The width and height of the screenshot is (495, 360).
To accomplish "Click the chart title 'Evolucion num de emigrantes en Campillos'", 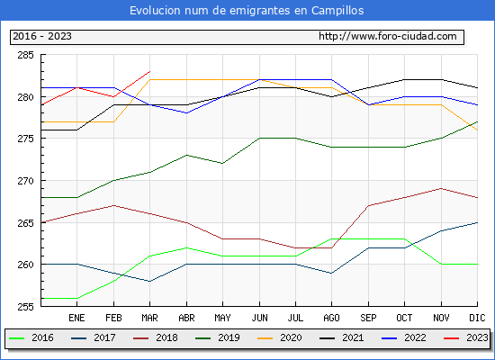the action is coord(247,11).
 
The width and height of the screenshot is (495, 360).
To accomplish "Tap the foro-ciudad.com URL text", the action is coord(388,36).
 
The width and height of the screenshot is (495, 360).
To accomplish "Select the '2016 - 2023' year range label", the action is coord(42,36).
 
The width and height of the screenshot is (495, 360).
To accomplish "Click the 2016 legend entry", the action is coord(31,337).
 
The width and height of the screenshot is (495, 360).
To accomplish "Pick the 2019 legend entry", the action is coord(218,337).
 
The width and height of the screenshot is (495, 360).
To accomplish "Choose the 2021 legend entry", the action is coord(342,337).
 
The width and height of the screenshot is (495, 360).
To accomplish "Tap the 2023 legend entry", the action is coord(466,337).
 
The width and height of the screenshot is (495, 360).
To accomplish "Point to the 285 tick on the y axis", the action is coord(25,55).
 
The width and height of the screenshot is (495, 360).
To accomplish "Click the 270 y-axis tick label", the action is coord(25,181).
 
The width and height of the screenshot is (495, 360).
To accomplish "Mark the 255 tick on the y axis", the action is coord(25,307).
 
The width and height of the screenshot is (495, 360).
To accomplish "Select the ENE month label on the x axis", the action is coord(76,318).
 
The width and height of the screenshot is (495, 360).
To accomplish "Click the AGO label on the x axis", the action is coord(331,318).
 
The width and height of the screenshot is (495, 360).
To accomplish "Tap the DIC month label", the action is coord(477,318).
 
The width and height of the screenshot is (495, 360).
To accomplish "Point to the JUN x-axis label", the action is coord(259,318).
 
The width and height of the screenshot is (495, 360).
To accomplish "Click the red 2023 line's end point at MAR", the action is coord(150,71).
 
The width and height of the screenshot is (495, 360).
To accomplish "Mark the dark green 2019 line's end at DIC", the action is coord(477,121).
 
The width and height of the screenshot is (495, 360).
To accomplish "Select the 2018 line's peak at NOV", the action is coord(441,188).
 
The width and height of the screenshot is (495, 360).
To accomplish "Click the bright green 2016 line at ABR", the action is coord(186,247).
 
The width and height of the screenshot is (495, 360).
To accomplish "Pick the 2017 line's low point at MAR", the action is coord(150,281).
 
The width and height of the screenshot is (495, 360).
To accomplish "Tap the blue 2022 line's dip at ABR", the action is coord(186,112).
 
